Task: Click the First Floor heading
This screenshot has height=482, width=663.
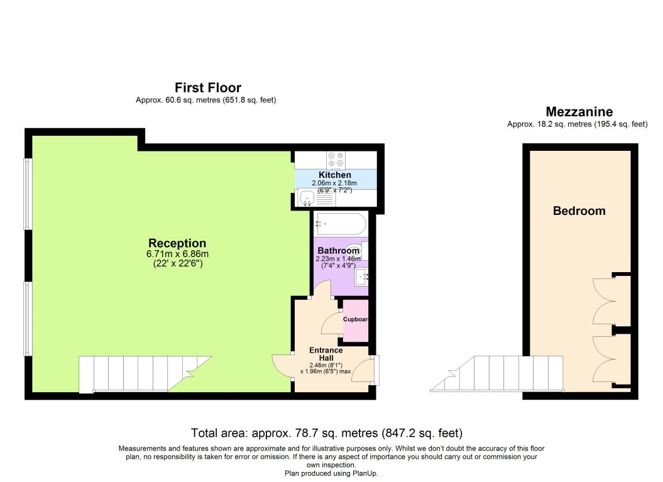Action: coord(208,87)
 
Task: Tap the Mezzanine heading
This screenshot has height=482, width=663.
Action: coord(579,112)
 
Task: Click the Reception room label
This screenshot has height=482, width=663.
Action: coord(177,243)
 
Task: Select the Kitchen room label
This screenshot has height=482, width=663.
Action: coord(335,175)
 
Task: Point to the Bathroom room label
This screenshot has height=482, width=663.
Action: coord(338,250)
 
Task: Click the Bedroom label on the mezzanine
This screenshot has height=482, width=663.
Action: coord(579,211)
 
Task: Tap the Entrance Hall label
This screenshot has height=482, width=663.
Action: coord(326,354)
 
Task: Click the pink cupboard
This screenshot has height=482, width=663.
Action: coord(356,320)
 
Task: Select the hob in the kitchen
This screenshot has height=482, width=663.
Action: coord(336,160)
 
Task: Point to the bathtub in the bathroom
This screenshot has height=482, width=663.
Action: coord(341,224)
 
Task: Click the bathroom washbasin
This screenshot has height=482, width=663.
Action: coord(361,277)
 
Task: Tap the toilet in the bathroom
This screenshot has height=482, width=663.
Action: coord(358,250)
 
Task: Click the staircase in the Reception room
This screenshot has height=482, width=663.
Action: coord(145,374)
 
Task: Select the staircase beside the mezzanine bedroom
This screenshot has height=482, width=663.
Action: coord(497,373)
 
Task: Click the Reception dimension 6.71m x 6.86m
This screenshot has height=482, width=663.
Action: coord(178,254)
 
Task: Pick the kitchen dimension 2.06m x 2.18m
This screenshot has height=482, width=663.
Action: coord(334,183)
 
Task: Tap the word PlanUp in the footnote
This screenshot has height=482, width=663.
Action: coord(366,473)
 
